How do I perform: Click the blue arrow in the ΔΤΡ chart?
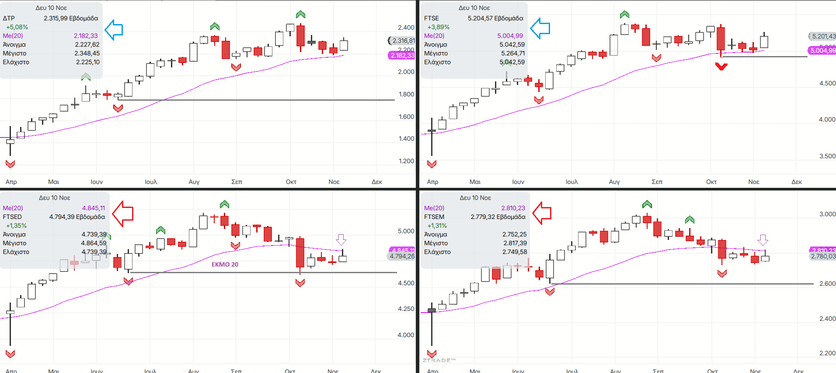pyautogui.click(x=114, y=30)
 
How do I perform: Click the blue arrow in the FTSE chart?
pyautogui.click(x=540, y=28)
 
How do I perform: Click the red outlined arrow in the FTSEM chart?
pyautogui.click(x=542, y=213)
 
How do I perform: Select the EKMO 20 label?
pyautogui.click(x=225, y=264)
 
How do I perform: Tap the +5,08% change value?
pyautogui.click(x=17, y=27)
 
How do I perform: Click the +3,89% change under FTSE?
pyautogui.click(x=438, y=27)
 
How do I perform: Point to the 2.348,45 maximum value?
pyautogui.click(x=87, y=53)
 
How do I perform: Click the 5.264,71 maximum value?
pyautogui.click(x=512, y=53)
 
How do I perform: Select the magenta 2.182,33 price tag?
pyautogui.click(x=402, y=56)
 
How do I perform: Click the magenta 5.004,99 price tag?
pyautogui.click(x=822, y=50)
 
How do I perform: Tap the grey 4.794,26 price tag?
pyautogui.click(x=402, y=257)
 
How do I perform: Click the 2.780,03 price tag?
pyautogui.click(x=823, y=257)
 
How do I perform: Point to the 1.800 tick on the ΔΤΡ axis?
pyautogui.click(x=406, y=94)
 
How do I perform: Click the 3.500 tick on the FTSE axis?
pyautogui.click(x=827, y=156)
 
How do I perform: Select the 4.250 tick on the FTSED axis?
pyautogui.click(x=406, y=309)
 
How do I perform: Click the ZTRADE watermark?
pyautogui.click(x=439, y=360)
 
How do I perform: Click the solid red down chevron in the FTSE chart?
pyautogui.click(x=721, y=67)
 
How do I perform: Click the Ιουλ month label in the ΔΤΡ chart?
pyautogui.click(x=151, y=182)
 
